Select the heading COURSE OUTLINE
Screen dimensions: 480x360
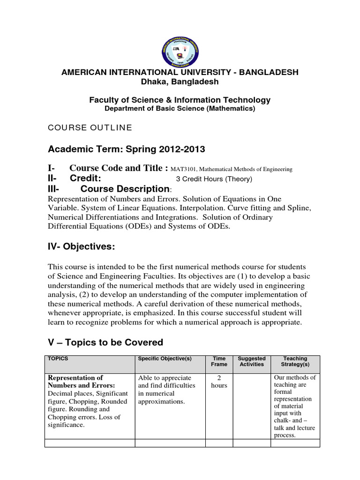pyautogui.click(x=90, y=127)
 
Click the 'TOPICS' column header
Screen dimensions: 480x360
pyautogui.click(x=58, y=359)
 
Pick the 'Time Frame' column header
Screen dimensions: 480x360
pyautogui.click(x=219, y=361)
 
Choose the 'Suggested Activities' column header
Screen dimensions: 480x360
pyautogui.click(x=252, y=361)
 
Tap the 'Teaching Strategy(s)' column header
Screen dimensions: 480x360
pyautogui.click(x=295, y=361)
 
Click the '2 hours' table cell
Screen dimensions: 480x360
pyautogui.click(x=219, y=382)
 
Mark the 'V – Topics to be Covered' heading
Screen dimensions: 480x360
pyautogui.click(x=105, y=343)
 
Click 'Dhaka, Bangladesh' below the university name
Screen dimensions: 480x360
pyautogui.click(x=180, y=82)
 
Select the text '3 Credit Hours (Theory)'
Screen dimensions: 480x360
pyautogui.click(x=214, y=179)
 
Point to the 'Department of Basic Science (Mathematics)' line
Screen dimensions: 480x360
pyautogui.click(x=180, y=109)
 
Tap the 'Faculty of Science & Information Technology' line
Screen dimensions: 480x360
pyautogui.click(x=180, y=100)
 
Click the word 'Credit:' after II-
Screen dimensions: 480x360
pyautogui.click(x=86, y=179)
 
